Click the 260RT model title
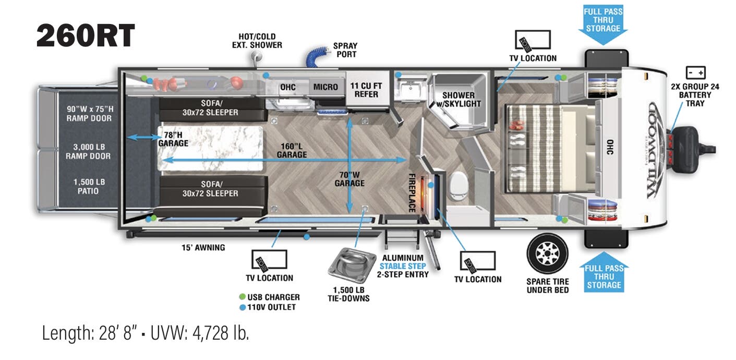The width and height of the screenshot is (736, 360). [x=86, y=37]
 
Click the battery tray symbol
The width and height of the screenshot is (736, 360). [x=695, y=73]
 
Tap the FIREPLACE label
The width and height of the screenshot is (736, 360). [x=412, y=193]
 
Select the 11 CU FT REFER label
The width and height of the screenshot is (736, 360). [x=364, y=90]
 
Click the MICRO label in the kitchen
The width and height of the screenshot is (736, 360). [x=325, y=87]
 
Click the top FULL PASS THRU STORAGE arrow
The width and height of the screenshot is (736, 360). [x=603, y=24]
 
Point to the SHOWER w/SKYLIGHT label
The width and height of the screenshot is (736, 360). [x=459, y=99]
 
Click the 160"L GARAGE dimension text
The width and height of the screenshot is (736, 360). [x=292, y=150]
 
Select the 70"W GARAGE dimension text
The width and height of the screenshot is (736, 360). [x=349, y=178]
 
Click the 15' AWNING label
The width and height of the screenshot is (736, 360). [x=203, y=247]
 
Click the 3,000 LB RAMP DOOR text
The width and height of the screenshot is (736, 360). [x=88, y=151]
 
